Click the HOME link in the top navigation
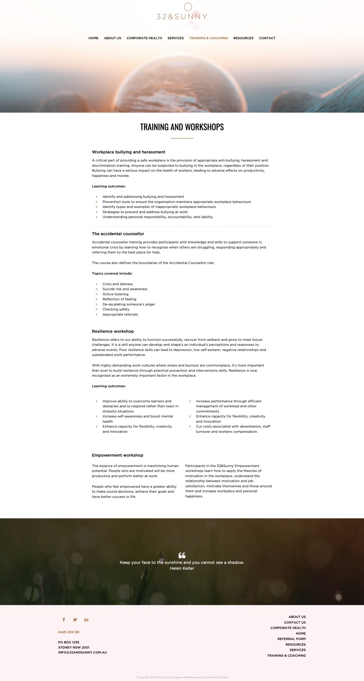coord(93,38)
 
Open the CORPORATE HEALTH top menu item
coord(144,38)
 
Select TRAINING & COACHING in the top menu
coord(208,38)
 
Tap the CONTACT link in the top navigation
coord(267,38)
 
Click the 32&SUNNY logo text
coord(182,16)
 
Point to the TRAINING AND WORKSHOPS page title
coord(182,127)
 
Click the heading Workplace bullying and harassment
coord(128,152)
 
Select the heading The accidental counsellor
coord(118,234)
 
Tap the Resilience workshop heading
coord(113,331)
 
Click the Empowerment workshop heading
coord(118,455)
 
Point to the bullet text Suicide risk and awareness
coord(125,289)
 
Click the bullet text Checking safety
coord(116,309)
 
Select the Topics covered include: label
coord(112,273)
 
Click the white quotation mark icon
coord(182,555)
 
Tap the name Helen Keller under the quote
coord(182,568)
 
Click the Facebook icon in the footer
coord(64,620)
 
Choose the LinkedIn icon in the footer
coord(86,620)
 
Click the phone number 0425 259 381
coord(69,632)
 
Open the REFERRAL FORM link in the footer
coord(291,639)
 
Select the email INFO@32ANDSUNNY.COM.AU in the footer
coord(82,652)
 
